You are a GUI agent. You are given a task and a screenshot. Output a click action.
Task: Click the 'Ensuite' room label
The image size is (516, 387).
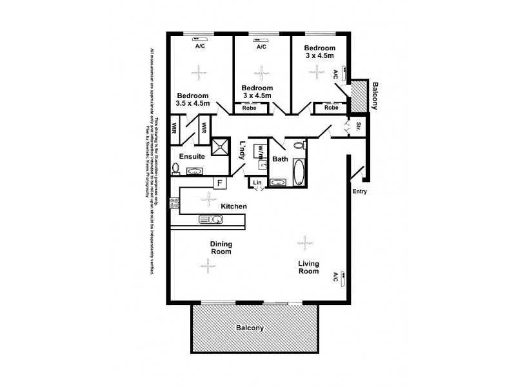[x=192, y=157]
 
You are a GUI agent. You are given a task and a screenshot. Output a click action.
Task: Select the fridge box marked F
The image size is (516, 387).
[x=219, y=183]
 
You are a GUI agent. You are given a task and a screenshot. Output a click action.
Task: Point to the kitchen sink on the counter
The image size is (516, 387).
[x=212, y=220]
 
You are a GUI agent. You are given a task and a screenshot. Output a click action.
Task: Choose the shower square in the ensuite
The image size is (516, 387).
[x=221, y=146]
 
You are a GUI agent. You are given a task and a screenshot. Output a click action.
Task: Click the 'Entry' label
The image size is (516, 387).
[x=360, y=191]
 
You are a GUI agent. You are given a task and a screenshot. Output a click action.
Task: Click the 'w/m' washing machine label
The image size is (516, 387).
[x=260, y=150]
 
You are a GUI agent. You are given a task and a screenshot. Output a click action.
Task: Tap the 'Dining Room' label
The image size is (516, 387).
[x=221, y=248]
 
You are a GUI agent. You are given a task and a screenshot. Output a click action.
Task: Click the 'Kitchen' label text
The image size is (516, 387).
[x=234, y=206]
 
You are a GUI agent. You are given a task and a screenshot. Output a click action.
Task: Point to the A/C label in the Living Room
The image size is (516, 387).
[x=336, y=277]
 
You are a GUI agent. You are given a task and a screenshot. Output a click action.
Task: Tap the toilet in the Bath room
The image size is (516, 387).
[x=297, y=146]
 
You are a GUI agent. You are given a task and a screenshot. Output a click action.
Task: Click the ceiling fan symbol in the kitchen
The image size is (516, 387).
[x=208, y=197]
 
